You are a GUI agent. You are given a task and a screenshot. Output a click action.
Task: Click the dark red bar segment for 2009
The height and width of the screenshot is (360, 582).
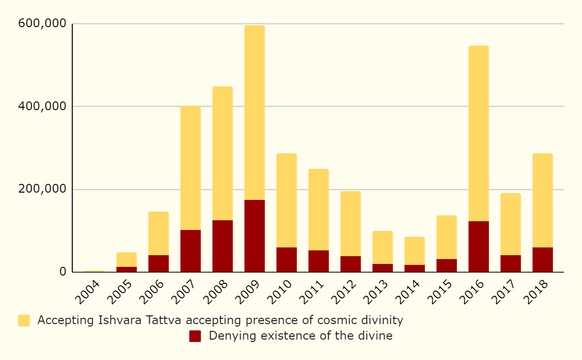tap(255, 236)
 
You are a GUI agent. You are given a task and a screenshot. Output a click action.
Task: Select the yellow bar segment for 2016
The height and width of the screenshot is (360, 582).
tap(479, 133)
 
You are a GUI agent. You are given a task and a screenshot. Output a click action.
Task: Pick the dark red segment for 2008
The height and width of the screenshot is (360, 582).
tap(223, 246)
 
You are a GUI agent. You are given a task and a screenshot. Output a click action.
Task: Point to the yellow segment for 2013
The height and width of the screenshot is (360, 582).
tap(383, 247)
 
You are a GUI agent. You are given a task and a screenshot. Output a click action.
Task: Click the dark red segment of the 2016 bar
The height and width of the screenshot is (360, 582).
tap(479, 246)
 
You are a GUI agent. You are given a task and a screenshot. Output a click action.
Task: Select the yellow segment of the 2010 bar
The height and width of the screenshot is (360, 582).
tap(287, 200)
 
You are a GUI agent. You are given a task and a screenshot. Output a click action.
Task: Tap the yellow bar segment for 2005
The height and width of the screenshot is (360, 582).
tap(127, 260)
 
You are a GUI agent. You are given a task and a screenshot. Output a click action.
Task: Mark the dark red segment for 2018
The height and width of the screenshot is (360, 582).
tap(543, 260)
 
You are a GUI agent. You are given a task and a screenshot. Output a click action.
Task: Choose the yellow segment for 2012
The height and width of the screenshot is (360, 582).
tap(351, 224)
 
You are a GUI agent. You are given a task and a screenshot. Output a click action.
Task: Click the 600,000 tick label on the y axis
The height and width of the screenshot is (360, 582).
tap(42, 23)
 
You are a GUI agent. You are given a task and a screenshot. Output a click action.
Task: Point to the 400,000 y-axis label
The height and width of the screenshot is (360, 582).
tap(42, 106)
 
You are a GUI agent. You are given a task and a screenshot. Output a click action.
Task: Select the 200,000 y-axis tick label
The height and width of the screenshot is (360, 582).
tap(42, 189)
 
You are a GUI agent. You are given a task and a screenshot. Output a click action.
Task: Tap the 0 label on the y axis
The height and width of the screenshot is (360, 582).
tap(63, 272)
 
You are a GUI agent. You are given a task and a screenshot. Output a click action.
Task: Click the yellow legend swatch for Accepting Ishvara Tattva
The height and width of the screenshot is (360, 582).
tap(24, 321)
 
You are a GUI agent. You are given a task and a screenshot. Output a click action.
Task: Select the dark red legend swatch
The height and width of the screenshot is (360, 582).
tap(195, 336)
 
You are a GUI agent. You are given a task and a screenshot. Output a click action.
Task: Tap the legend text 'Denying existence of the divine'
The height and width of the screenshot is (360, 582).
tap(301, 336)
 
